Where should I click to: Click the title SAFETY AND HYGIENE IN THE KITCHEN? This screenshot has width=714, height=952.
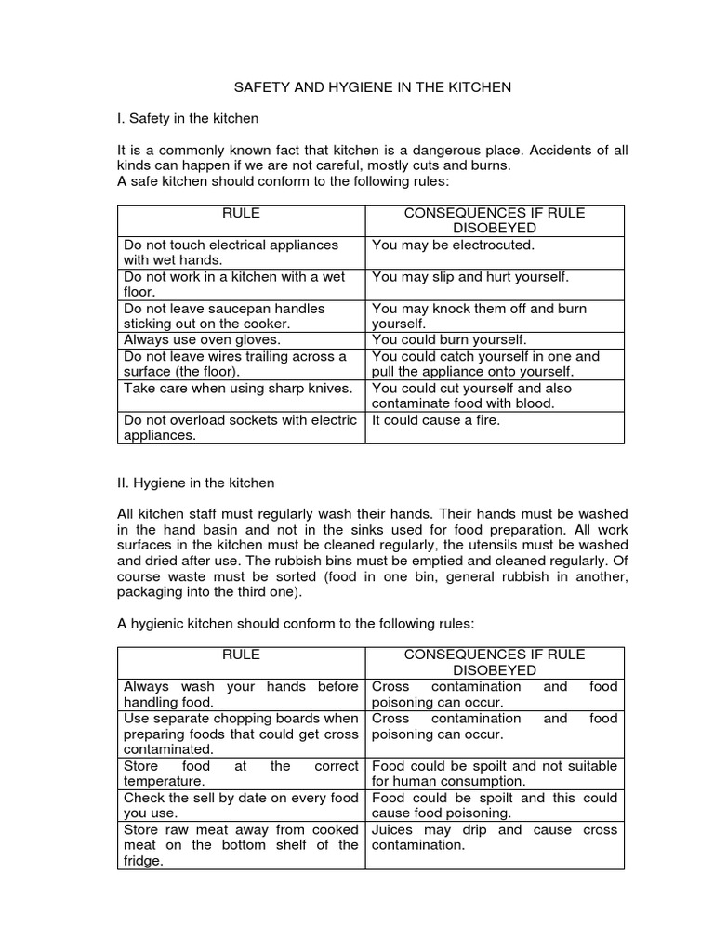point(371,87)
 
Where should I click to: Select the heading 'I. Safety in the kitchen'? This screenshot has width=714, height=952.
point(188,119)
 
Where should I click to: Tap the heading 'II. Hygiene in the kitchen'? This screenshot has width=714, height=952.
point(195,483)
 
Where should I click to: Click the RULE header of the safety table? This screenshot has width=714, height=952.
point(241,214)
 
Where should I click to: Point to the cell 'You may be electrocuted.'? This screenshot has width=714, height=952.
point(454,245)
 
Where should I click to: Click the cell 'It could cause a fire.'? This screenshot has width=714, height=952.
point(436,420)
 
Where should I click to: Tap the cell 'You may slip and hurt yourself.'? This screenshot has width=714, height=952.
point(470,277)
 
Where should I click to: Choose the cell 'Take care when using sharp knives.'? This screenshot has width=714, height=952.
point(238,389)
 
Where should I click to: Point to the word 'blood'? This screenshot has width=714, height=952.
point(535,403)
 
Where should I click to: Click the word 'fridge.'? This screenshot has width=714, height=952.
point(144,861)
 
